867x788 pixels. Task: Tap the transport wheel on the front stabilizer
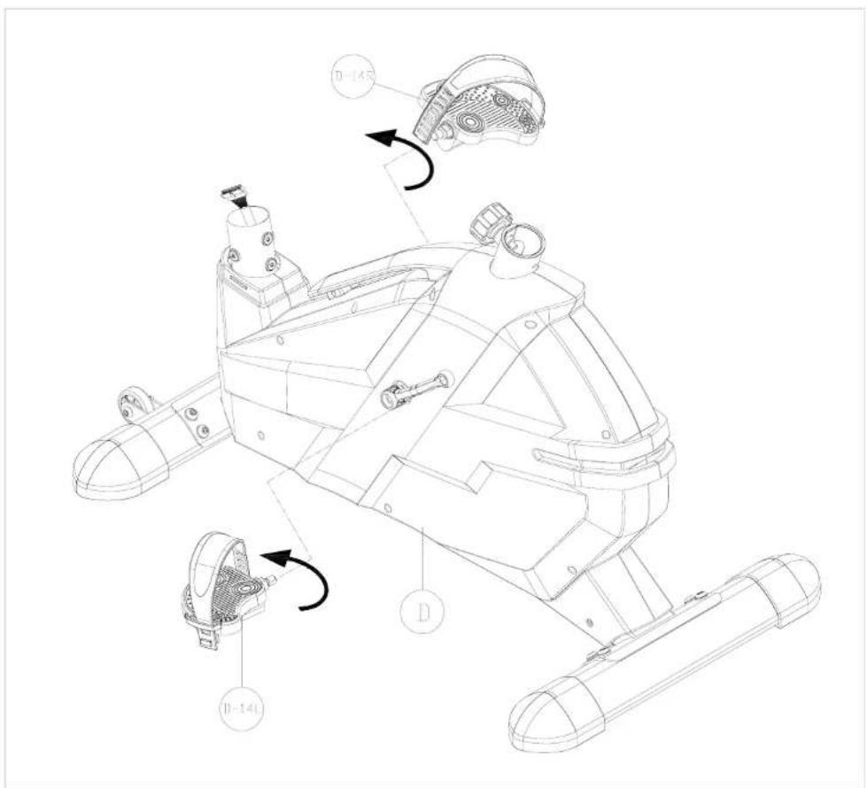(x=135, y=406)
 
